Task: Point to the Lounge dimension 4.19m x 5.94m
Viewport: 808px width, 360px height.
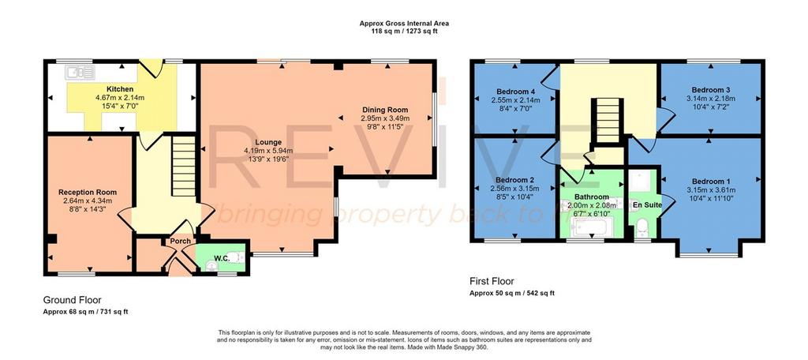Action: pyautogui.click(x=268, y=151)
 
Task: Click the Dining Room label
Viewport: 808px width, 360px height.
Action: pyautogui.click(x=385, y=110)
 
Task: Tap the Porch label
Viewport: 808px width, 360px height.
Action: pyautogui.click(x=181, y=241)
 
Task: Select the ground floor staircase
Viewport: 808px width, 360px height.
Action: pyautogui.click(x=183, y=166)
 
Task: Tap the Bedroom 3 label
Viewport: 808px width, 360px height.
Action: pyautogui.click(x=709, y=89)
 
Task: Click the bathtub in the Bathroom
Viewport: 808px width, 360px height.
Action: pyautogui.click(x=593, y=227)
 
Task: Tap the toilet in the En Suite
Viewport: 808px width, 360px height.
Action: pyautogui.click(x=642, y=226)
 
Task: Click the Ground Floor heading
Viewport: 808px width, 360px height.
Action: pyautogui.click(x=72, y=300)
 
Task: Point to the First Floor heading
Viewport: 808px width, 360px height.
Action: pyautogui.click(x=492, y=281)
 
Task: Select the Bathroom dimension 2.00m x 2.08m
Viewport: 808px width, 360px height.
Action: pyautogui.click(x=592, y=204)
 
